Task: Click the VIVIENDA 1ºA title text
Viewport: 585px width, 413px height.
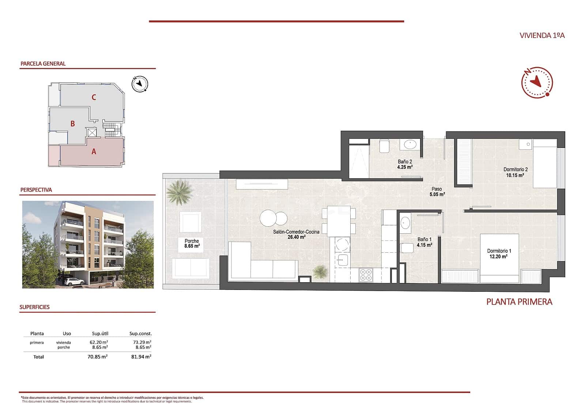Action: click(542, 35)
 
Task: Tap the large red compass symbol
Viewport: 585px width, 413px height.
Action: click(537, 82)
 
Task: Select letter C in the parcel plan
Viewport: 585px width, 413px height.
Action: click(94, 97)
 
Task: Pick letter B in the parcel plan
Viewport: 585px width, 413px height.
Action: click(72, 124)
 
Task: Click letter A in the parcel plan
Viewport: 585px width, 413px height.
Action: click(94, 152)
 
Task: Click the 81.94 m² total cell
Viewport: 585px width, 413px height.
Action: click(141, 357)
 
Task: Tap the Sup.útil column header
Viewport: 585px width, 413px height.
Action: click(100, 333)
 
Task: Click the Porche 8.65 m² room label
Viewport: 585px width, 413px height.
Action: click(192, 244)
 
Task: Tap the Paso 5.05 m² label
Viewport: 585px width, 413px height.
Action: click(437, 192)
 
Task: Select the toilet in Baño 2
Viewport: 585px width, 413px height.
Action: click(384, 146)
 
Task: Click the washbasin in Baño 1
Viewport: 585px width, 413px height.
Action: click(405, 222)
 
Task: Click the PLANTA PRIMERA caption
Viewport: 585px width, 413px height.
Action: click(519, 302)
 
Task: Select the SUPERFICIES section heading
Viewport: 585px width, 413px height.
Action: click(34, 307)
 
